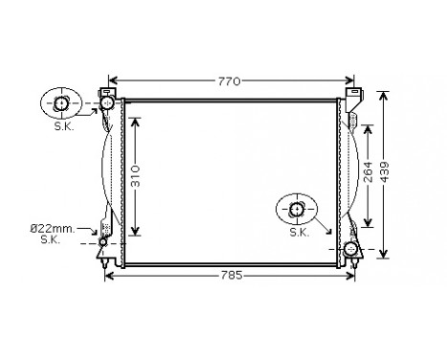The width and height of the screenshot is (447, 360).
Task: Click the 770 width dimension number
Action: pos(227,81)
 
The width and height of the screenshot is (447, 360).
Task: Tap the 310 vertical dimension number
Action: pos(136,176)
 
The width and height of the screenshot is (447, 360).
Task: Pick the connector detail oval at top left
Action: pos(62,103)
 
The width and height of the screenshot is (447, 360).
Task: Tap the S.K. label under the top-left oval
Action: pos(63,126)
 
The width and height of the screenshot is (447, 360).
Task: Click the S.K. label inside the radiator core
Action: pos(298,232)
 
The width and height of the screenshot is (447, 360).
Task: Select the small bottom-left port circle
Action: pos(103,242)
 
